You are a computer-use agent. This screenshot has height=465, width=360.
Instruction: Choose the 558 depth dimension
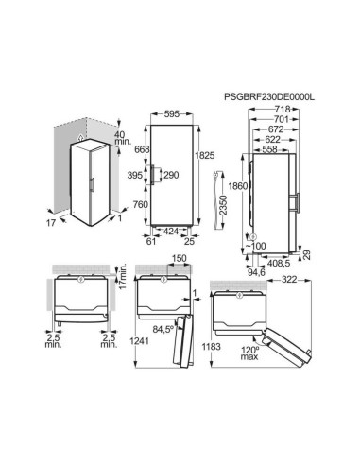pos(269,149)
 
